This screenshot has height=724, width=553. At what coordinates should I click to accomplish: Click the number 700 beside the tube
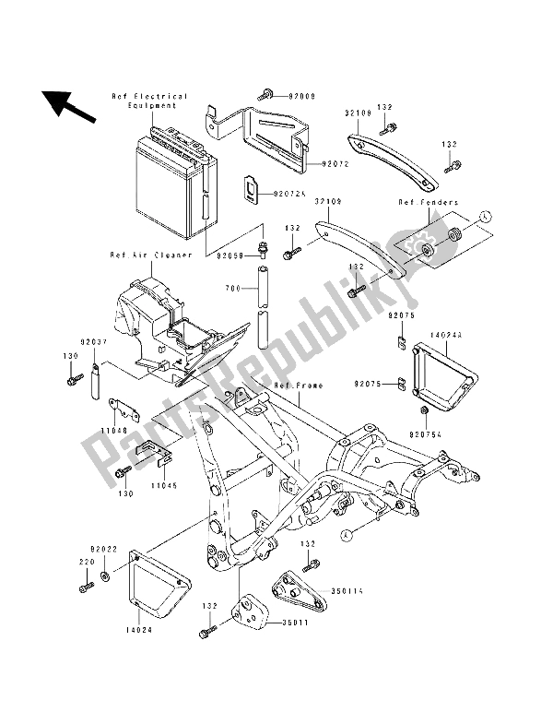point(231,289)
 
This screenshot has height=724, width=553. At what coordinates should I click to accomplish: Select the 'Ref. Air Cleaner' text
point(151,255)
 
